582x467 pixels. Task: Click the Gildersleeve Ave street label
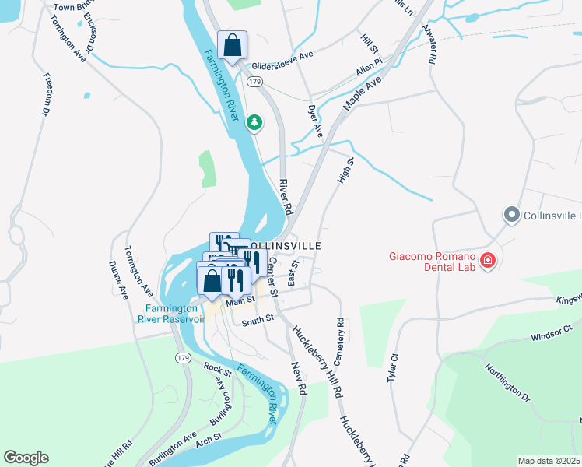coord(281,55)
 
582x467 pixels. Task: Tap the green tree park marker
coord(254,122)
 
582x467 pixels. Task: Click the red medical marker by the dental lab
coord(488,260)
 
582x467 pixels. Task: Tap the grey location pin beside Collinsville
coord(511,214)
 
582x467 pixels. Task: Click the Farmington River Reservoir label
coord(171,313)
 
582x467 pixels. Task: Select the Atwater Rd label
coord(429,47)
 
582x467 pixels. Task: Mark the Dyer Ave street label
coord(315,122)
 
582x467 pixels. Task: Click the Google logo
coord(26,458)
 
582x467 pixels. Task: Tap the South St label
coord(258,320)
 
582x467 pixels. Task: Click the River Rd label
coord(286,197)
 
